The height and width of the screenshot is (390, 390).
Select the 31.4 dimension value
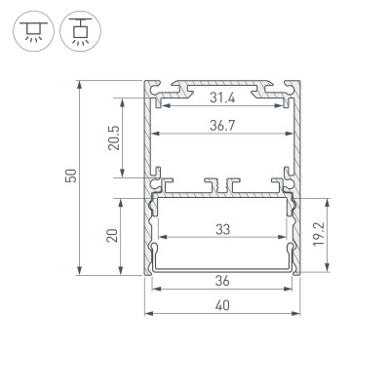tap(223, 96)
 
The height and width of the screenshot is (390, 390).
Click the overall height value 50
tap(70, 175)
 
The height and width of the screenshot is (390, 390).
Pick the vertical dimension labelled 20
tap(113, 234)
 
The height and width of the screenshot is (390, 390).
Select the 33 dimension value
tap(223, 230)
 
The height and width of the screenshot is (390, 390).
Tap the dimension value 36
tap(223, 281)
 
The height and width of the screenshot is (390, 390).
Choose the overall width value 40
tap(223, 305)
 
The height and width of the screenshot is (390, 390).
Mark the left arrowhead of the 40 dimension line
tap(149, 314)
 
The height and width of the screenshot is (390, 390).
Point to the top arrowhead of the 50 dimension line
tap(80, 80)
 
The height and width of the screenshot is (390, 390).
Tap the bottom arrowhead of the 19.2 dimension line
tap(325, 266)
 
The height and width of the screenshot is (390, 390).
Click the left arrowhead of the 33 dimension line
tap(162, 239)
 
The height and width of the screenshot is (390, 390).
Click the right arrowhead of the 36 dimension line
tap(292, 290)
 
